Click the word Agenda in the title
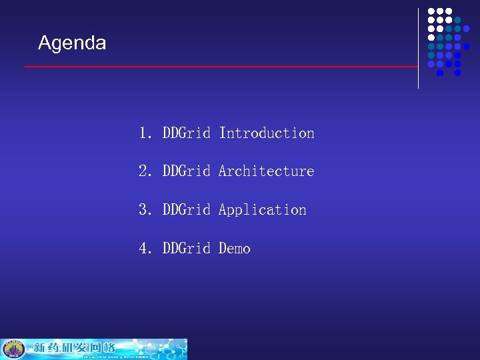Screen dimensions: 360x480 pyautogui.click(x=72, y=43)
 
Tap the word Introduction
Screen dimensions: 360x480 pyautogui.click(x=266, y=133)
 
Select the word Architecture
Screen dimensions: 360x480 pyautogui.click(x=266, y=171)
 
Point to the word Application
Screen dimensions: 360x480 pyautogui.click(x=262, y=210)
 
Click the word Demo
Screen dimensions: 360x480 pyautogui.click(x=235, y=249)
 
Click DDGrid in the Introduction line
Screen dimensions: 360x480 pyautogui.click(x=187, y=133)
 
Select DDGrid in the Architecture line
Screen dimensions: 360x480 pyautogui.click(x=187, y=171)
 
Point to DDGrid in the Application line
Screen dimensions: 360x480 pyautogui.click(x=187, y=210)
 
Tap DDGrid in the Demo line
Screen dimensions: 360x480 pyautogui.click(x=187, y=249)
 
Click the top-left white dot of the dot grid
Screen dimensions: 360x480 pyautogui.click(x=431, y=12)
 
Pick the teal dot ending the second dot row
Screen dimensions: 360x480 pyautogui.click(x=457, y=21)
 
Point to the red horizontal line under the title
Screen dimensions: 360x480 pyautogui.click(x=220, y=67)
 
